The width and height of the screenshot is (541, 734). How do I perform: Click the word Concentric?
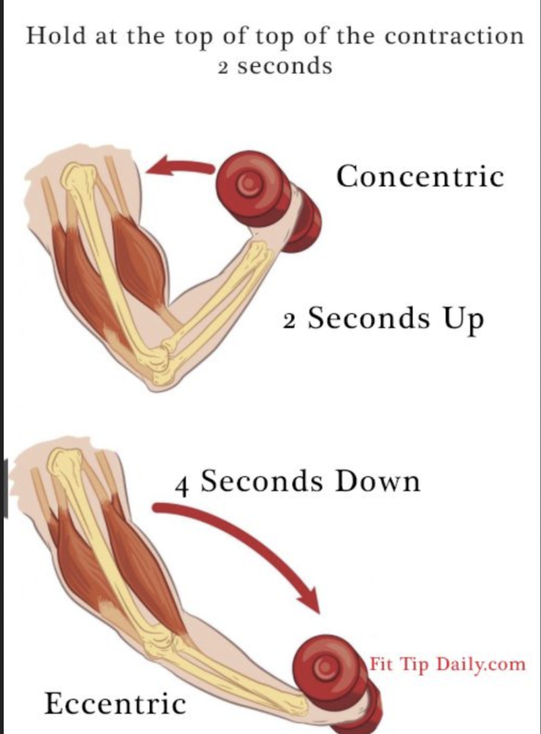421,176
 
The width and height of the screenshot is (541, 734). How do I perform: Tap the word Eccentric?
115,703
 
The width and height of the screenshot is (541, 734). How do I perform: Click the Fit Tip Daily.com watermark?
447,664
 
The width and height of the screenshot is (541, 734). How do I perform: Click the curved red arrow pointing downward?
244,545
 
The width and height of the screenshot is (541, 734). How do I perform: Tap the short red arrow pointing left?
179,168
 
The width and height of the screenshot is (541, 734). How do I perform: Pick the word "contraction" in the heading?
453,37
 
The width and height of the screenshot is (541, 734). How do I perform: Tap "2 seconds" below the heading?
275,67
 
